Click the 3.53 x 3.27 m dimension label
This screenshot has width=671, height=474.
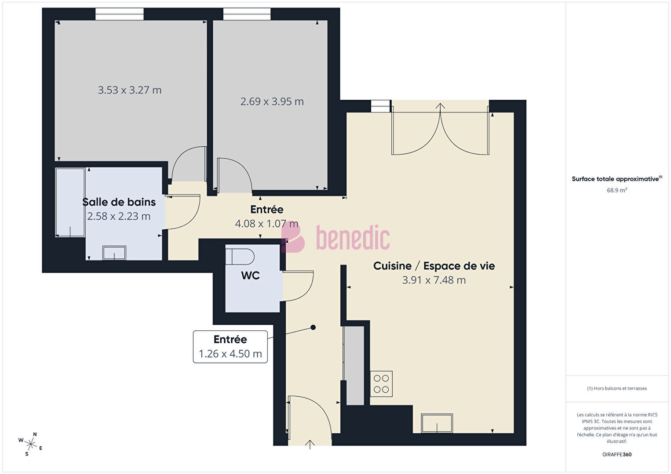[x=130, y=90]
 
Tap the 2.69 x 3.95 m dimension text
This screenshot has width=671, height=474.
[x=272, y=102]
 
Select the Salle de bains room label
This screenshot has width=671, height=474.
[x=119, y=202]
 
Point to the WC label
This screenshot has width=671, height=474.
[x=251, y=275]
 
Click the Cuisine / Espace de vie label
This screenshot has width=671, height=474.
[x=434, y=266]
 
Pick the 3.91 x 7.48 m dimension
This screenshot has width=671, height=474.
[x=434, y=280]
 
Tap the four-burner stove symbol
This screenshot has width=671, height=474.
[x=381, y=384]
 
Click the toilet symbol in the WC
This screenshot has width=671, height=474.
[x=240, y=257]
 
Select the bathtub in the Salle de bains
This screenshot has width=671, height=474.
[x=70, y=203]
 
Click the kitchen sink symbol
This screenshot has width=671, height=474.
[x=437, y=423]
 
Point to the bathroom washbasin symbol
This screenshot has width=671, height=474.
[x=114, y=253]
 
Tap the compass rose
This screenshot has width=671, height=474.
[x=30, y=444]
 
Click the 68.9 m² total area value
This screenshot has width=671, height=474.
[x=617, y=190]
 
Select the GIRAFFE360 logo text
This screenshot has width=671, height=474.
[x=617, y=454]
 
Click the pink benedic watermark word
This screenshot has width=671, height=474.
[x=353, y=238]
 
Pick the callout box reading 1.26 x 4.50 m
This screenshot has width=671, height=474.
[x=230, y=347]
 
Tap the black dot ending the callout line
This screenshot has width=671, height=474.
[x=313, y=327]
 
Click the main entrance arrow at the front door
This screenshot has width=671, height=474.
[x=310, y=445]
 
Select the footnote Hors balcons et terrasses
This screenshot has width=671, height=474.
[x=617, y=388]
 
